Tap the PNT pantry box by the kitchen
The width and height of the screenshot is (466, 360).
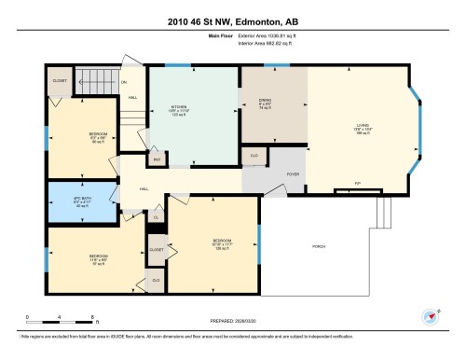tap(158, 159)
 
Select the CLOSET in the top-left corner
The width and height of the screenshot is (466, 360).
tap(59, 81)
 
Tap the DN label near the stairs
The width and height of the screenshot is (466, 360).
tap(125, 82)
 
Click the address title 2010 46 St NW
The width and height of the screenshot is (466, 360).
tap(232, 20)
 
